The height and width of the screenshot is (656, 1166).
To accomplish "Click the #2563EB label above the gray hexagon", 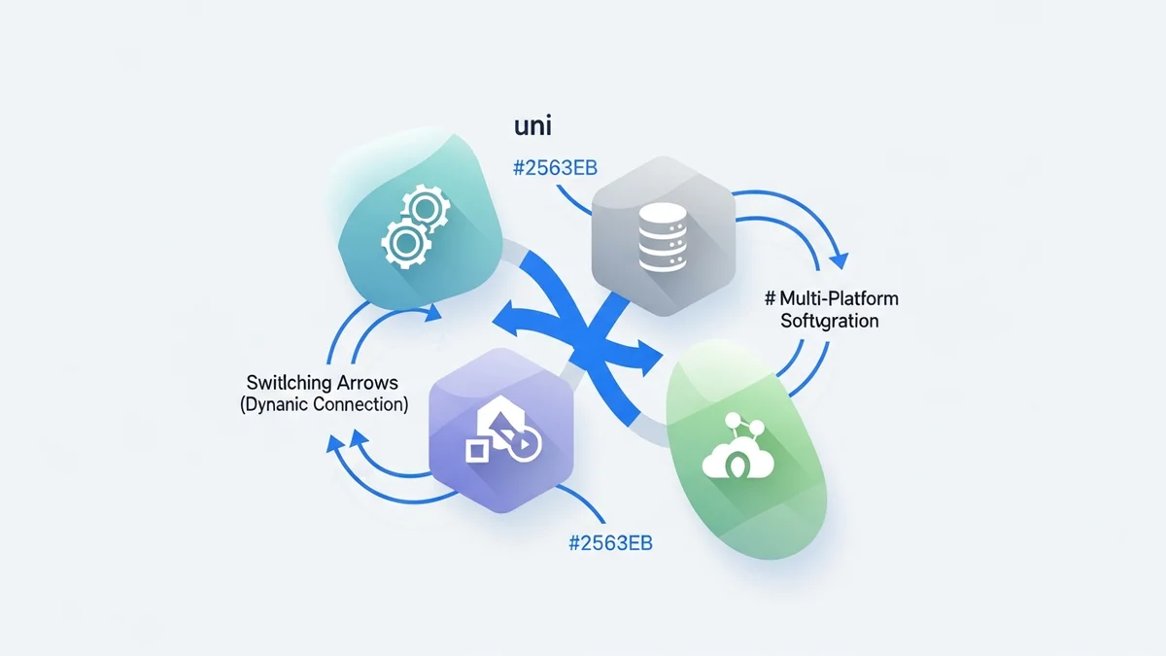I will (x=553, y=167).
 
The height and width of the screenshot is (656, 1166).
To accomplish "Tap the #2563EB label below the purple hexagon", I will (x=609, y=542).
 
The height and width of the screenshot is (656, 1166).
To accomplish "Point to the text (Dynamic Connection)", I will (x=324, y=404).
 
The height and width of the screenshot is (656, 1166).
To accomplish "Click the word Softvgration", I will (x=830, y=320).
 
